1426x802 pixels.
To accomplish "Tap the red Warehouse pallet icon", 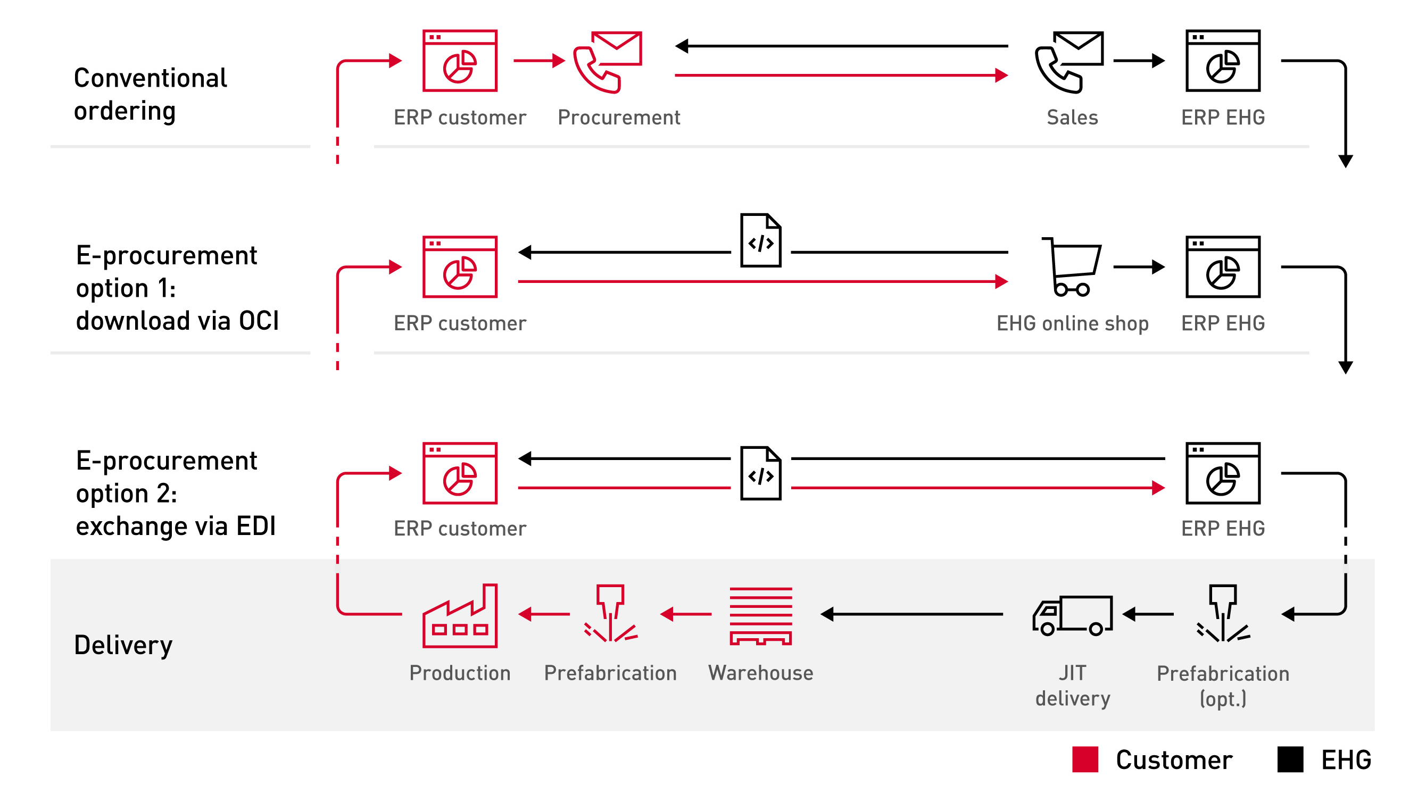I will point(760,615).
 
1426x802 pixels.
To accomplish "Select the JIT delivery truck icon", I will point(1072,615).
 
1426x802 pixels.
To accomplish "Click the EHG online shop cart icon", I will point(1072,267).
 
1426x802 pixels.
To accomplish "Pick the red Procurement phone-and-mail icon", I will point(607,61).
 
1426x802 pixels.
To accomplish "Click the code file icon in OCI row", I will point(760,240).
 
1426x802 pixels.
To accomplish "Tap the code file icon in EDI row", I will point(760,473).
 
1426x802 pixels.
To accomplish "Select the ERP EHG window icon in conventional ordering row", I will point(1222,61).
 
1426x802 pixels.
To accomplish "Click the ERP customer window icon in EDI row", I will point(460,473).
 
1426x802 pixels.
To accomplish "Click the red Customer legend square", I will point(1084,759).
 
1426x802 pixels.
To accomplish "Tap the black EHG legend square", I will point(1290,759).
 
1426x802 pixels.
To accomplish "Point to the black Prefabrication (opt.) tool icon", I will point(1222,613).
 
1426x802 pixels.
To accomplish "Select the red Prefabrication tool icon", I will point(610,613).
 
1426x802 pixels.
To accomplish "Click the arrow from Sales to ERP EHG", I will point(1138,60).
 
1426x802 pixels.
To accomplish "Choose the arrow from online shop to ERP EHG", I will point(1138,267).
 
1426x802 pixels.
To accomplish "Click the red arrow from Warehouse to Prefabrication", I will point(685,614).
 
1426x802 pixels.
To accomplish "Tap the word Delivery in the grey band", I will point(123,645).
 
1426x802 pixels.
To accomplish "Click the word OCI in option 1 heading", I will point(259,321).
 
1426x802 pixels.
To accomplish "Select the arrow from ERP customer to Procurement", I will point(538,60).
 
